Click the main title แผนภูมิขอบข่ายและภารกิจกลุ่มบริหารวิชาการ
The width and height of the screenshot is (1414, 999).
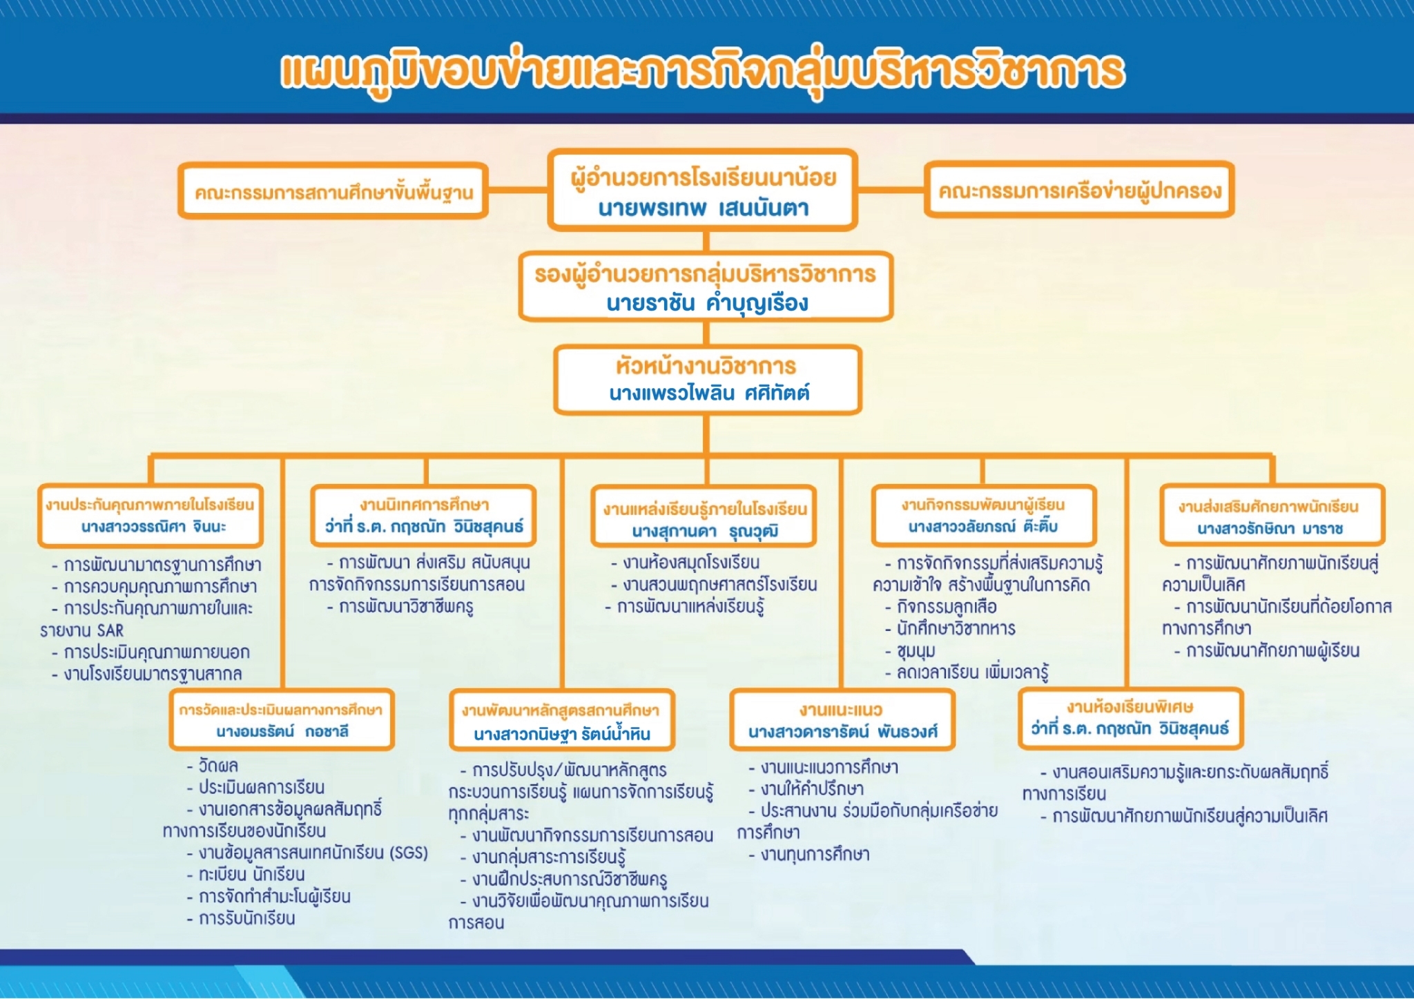coord(703,71)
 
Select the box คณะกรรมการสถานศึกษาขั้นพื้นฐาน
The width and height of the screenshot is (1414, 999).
coord(333,191)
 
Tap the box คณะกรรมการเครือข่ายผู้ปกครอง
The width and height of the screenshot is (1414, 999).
coord(1079,190)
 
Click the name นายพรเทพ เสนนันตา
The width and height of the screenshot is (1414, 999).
coord(703,208)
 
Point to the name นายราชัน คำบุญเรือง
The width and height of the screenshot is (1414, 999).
coord(707,303)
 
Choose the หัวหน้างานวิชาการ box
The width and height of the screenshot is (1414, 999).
coord(708,380)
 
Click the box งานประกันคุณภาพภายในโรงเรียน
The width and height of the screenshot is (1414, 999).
coord(151,516)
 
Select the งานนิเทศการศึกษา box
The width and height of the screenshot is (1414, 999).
coord(424,516)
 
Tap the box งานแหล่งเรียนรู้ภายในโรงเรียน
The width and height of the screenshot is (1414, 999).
coord(704,516)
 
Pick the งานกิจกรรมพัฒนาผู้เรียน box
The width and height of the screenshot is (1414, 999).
coord(984,516)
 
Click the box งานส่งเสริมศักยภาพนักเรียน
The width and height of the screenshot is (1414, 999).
coord(1272,515)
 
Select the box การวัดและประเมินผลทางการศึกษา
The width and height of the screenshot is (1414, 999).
coord(282,719)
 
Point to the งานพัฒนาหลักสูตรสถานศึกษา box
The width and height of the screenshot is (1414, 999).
coord(562,720)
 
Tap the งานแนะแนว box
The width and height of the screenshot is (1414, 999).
coord(842,720)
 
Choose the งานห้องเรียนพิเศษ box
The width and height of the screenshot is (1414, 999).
coord(1130,719)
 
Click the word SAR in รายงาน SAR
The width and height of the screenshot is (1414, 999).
coord(110,630)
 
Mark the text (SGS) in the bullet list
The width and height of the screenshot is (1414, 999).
coord(409,853)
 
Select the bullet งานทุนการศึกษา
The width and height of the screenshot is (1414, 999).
coord(809,855)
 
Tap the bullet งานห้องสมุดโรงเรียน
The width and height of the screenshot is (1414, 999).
coord(685,562)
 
